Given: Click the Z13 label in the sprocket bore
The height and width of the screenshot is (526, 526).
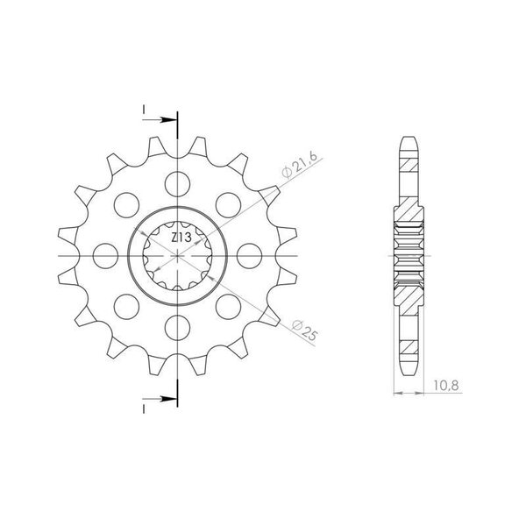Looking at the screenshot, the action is [x=181, y=238].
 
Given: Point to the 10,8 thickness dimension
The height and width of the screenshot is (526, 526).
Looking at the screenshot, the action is [x=446, y=386].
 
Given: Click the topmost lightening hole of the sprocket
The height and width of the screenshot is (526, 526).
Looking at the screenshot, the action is [x=177, y=184].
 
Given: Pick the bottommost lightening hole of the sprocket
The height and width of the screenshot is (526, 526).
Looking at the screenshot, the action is [x=177, y=328].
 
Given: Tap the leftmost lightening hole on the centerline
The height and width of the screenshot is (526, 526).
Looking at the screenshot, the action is [x=105, y=256].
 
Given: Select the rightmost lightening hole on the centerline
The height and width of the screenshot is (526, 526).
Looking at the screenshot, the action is [x=249, y=256].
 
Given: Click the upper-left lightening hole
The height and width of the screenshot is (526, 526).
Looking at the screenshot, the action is [x=126, y=205].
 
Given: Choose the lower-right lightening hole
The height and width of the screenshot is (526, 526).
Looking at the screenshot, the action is [x=229, y=307].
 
